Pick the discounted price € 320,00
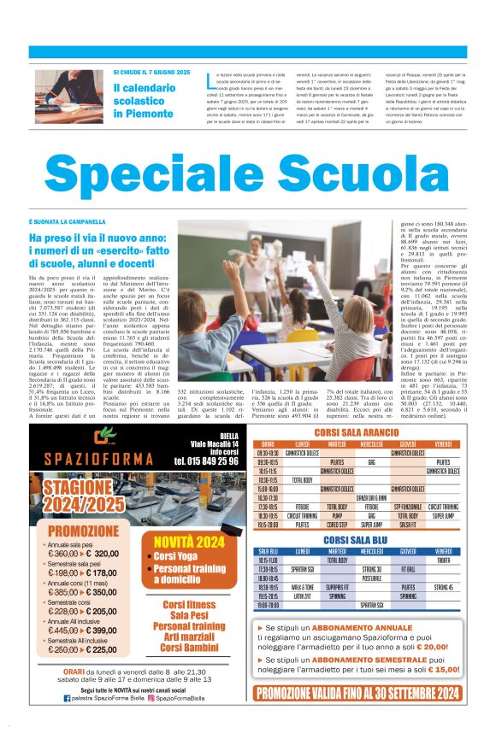tap(103, 554)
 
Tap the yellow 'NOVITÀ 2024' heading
tap(189, 542)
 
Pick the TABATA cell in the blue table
tap(442, 560)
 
